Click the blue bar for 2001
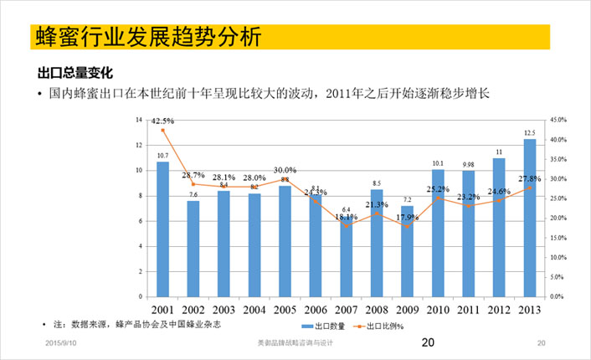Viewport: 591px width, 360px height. (x=162, y=229)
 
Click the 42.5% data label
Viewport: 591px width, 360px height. (x=163, y=121)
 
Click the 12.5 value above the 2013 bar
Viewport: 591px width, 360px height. (x=530, y=132)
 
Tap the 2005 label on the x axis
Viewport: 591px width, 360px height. (x=285, y=310)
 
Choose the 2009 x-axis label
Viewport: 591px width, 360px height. (x=407, y=310)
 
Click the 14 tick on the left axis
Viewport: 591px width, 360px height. (x=138, y=120)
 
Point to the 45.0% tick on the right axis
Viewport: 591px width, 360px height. (x=558, y=120)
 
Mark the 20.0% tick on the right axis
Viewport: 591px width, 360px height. (x=558, y=218)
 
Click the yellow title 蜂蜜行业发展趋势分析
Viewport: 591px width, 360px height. (x=147, y=38)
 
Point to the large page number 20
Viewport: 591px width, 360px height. (x=428, y=342)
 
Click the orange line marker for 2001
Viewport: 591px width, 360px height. (x=163, y=130)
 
